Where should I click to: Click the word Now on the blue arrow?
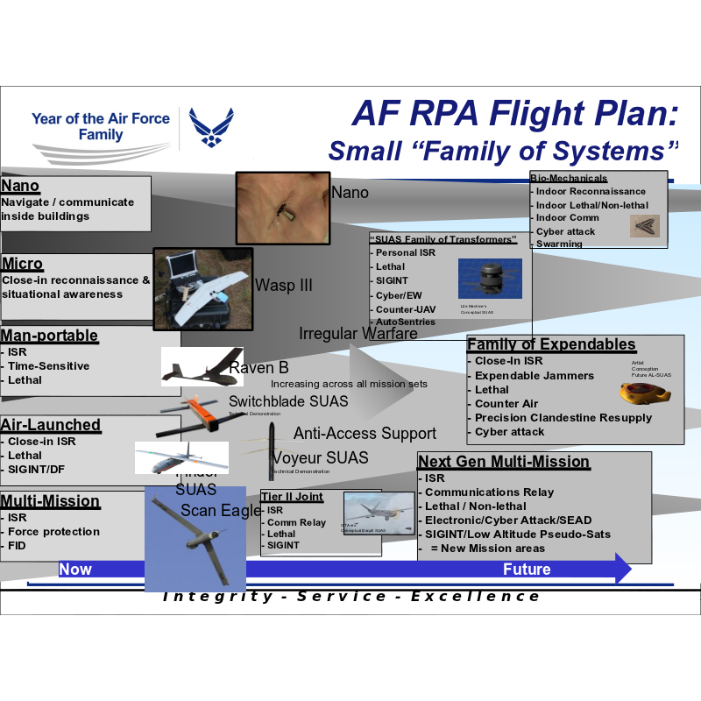75,570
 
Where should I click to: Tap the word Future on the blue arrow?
527,570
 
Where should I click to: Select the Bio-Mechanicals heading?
569,178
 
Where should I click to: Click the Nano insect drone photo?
282,209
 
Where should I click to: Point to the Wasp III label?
283,286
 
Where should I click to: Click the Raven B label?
258,368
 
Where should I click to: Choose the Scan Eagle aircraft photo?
195,539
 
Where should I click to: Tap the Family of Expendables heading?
551,344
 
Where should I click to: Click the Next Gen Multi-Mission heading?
504,462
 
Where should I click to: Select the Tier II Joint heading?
292,497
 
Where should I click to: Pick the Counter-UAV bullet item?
405,309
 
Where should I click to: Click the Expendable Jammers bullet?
534,376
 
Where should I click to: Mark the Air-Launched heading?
51,425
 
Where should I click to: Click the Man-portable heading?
49,336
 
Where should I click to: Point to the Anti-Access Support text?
365,434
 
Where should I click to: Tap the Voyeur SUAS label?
320,458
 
